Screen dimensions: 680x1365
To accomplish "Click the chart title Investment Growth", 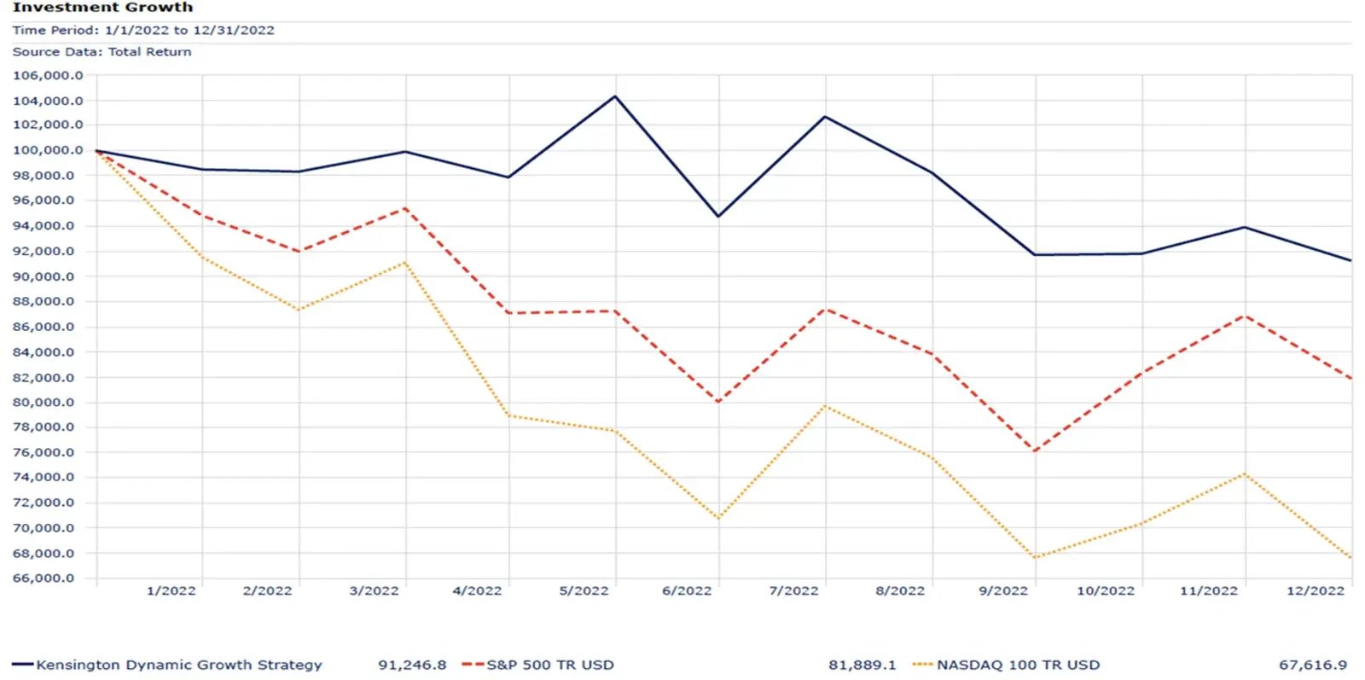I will click(102, 8).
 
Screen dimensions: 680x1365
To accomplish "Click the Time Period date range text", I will click(143, 30).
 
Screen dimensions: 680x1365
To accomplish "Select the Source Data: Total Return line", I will click(102, 52).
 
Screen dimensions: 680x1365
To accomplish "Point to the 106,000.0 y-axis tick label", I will click(48, 76).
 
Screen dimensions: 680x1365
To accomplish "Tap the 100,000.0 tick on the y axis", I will click(48, 150).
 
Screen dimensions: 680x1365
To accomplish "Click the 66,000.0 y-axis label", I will click(48, 578).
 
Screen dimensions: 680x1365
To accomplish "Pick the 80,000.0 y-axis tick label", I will click(48, 403).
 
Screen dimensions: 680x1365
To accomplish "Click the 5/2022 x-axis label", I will click(584, 590).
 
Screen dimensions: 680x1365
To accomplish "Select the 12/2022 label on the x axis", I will click(1315, 590).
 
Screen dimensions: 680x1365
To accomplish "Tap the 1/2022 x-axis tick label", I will click(171, 590).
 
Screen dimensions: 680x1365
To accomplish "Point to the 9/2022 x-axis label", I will click(1003, 590).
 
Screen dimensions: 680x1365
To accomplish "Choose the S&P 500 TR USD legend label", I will click(550, 665).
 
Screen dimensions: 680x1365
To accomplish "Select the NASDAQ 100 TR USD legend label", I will click(1018, 665).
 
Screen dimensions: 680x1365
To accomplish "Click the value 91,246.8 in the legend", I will click(412, 665).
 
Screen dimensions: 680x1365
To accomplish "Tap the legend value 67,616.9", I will click(1313, 665).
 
